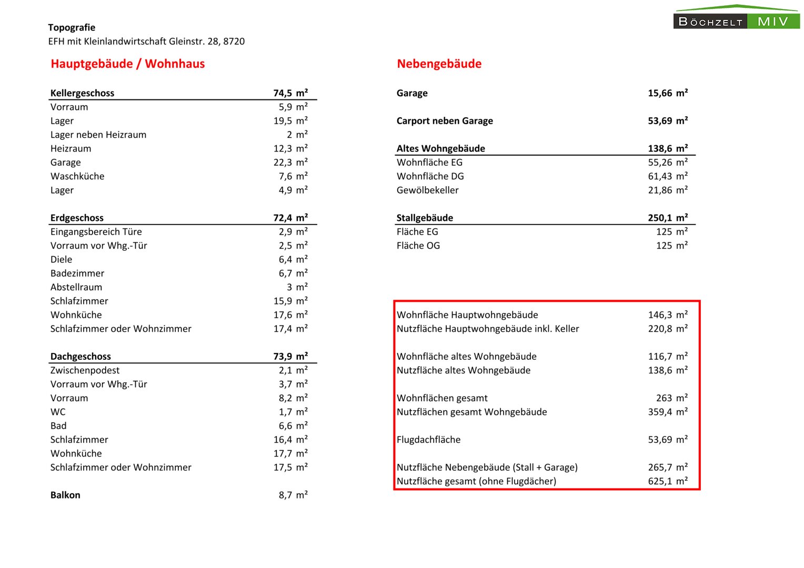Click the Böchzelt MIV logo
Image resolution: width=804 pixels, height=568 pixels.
(x=736, y=17)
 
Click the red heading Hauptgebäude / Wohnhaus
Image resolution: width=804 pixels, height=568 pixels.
(x=127, y=64)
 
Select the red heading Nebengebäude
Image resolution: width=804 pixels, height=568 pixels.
(x=439, y=64)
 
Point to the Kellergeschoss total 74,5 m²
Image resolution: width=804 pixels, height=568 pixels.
(x=290, y=93)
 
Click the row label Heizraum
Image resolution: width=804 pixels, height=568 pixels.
(x=71, y=149)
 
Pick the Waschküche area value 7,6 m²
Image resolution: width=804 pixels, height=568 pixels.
(x=293, y=176)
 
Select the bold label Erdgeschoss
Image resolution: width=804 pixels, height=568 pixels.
(x=77, y=218)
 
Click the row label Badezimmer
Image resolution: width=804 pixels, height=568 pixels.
(x=77, y=273)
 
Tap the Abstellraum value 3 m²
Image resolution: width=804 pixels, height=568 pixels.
(x=297, y=287)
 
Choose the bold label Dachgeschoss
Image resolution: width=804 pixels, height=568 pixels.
(x=81, y=357)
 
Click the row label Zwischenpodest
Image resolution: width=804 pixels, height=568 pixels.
(x=85, y=370)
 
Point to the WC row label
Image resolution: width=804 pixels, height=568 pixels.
(x=58, y=412)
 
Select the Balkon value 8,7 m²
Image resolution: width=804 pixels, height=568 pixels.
(x=293, y=495)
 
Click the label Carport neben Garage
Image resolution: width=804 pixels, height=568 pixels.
(x=445, y=121)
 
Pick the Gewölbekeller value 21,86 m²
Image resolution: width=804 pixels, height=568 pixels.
(x=667, y=190)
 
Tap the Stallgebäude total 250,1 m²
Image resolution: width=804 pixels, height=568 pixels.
(x=667, y=218)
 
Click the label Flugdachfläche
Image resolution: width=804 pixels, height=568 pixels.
(x=428, y=440)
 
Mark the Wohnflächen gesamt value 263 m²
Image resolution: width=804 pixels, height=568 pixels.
(x=671, y=398)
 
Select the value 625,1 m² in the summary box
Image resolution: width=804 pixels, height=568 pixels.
(x=667, y=481)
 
